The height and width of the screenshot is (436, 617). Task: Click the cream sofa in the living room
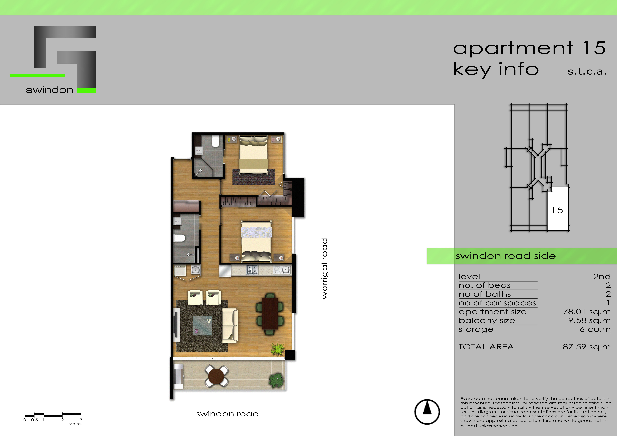pyautogui.click(x=230, y=325)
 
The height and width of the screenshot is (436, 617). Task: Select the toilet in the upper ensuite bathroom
pyautogui.click(x=216, y=142)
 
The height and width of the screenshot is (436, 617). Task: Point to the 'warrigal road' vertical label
pyautogui.click(x=325, y=269)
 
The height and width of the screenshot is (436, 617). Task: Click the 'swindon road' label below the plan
pyautogui.click(x=227, y=414)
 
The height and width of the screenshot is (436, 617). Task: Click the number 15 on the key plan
pyautogui.click(x=557, y=210)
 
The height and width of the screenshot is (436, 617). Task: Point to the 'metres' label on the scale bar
pyautogui.click(x=75, y=424)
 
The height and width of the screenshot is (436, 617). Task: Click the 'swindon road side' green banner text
pyautogui.click(x=505, y=256)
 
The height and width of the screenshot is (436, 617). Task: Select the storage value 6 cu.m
pyautogui.click(x=595, y=329)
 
